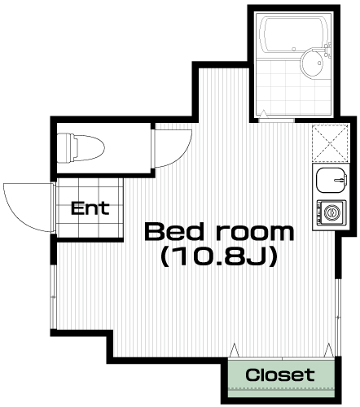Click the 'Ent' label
(x=90, y=208)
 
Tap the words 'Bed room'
(x=219, y=232)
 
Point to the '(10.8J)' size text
(x=219, y=257)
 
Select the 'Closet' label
(x=280, y=374)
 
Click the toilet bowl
(x=90, y=148)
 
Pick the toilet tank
(x=65, y=148)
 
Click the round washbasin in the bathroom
(x=311, y=63)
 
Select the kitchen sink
(x=331, y=180)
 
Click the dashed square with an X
(x=330, y=143)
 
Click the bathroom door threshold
(x=276, y=120)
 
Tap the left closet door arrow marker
(x=234, y=350)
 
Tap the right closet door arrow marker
(x=329, y=350)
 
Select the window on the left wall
(x=53, y=296)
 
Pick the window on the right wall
(x=338, y=317)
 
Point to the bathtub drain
(x=293, y=49)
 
